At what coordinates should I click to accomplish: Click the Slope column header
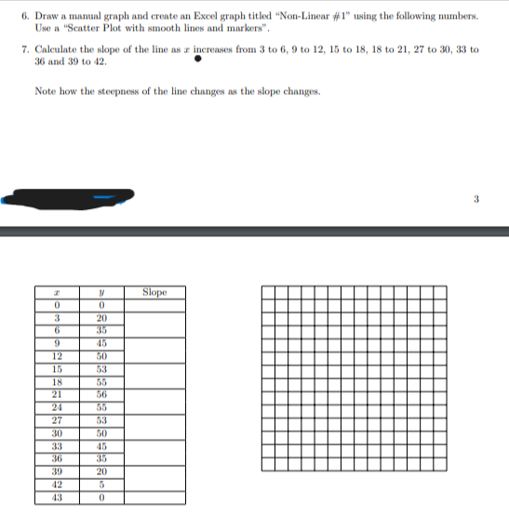click(154, 291)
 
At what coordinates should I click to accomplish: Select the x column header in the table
click(58, 292)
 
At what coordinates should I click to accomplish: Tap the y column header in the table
click(100, 292)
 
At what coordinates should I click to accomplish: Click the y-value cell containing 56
click(100, 393)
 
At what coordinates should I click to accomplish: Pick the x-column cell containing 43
click(58, 497)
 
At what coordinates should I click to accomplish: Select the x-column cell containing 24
click(58, 406)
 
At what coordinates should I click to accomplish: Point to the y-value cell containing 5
click(100, 484)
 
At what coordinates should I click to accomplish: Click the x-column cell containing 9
click(58, 341)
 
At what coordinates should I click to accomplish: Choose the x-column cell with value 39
click(58, 471)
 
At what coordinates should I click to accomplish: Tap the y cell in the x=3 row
click(100, 316)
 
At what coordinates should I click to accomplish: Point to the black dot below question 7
click(197, 61)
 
